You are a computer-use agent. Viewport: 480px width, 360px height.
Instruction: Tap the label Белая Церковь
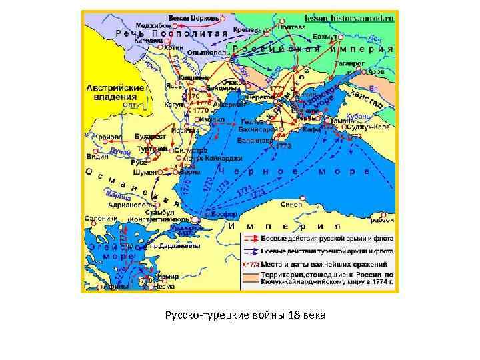(x=189, y=16)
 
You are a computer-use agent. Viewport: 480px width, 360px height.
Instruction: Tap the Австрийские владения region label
(x=115, y=92)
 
